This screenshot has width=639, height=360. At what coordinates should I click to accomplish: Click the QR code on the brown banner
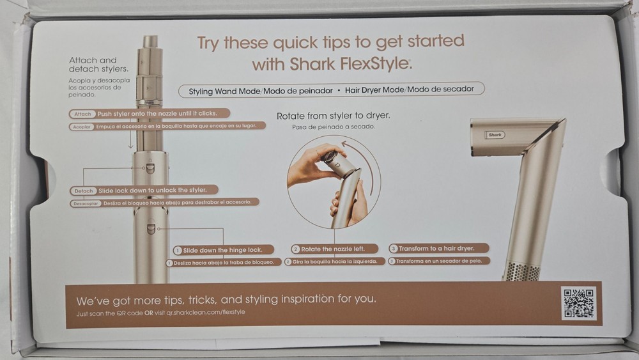point(578,303)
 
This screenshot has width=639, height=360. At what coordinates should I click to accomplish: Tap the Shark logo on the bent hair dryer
point(495,135)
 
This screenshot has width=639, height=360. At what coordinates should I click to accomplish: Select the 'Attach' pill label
point(82,114)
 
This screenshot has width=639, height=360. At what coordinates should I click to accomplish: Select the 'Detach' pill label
point(84,191)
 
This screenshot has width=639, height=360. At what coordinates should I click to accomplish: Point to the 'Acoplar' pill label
point(82,127)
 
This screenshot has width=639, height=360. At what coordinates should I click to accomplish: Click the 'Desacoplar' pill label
point(86,203)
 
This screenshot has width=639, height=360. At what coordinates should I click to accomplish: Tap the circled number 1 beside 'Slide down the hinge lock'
point(177,250)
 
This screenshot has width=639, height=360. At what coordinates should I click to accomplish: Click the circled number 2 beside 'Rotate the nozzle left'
point(296,249)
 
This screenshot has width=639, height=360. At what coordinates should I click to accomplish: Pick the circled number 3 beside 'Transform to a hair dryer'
point(393,248)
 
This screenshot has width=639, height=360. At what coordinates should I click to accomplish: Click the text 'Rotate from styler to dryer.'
point(334,116)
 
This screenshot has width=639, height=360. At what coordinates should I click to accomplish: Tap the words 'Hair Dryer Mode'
point(374,90)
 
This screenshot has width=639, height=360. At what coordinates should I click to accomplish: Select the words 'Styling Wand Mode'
point(224,91)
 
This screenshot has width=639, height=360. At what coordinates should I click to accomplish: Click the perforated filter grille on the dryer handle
point(523,271)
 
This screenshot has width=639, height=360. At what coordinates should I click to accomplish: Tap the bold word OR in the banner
point(149,313)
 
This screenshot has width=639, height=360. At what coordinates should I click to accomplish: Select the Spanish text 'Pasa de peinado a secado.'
point(334,127)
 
